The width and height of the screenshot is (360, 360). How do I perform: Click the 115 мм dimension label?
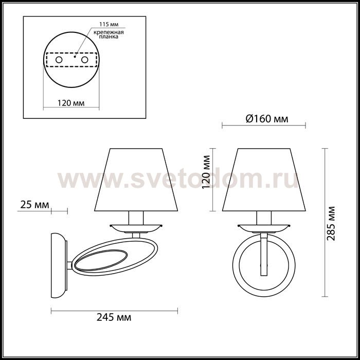pyautogui.click(x=109, y=24)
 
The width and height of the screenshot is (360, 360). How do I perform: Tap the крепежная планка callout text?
pyautogui.click(x=109, y=34)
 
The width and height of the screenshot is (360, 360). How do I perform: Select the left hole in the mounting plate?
pyautogui.click(x=59, y=60)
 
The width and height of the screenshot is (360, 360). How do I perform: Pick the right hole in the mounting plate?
pyautogui.click(x=85, y=60)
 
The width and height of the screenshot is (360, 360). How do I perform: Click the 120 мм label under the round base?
pyautogui.click(x=71, y=103)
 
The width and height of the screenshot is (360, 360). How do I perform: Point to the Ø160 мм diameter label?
pyautogui.click(x=267, y=119)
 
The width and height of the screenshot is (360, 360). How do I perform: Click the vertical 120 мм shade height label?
pyautogui.click(x=206, y=172)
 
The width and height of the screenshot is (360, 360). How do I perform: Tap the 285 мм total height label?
pyautogui.click(x=331, y=223)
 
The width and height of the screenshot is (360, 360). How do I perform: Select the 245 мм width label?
pyautogui.click(x=114, y=317)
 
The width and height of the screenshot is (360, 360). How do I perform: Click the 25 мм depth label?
pyautogui.click(x=34, y=205)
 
